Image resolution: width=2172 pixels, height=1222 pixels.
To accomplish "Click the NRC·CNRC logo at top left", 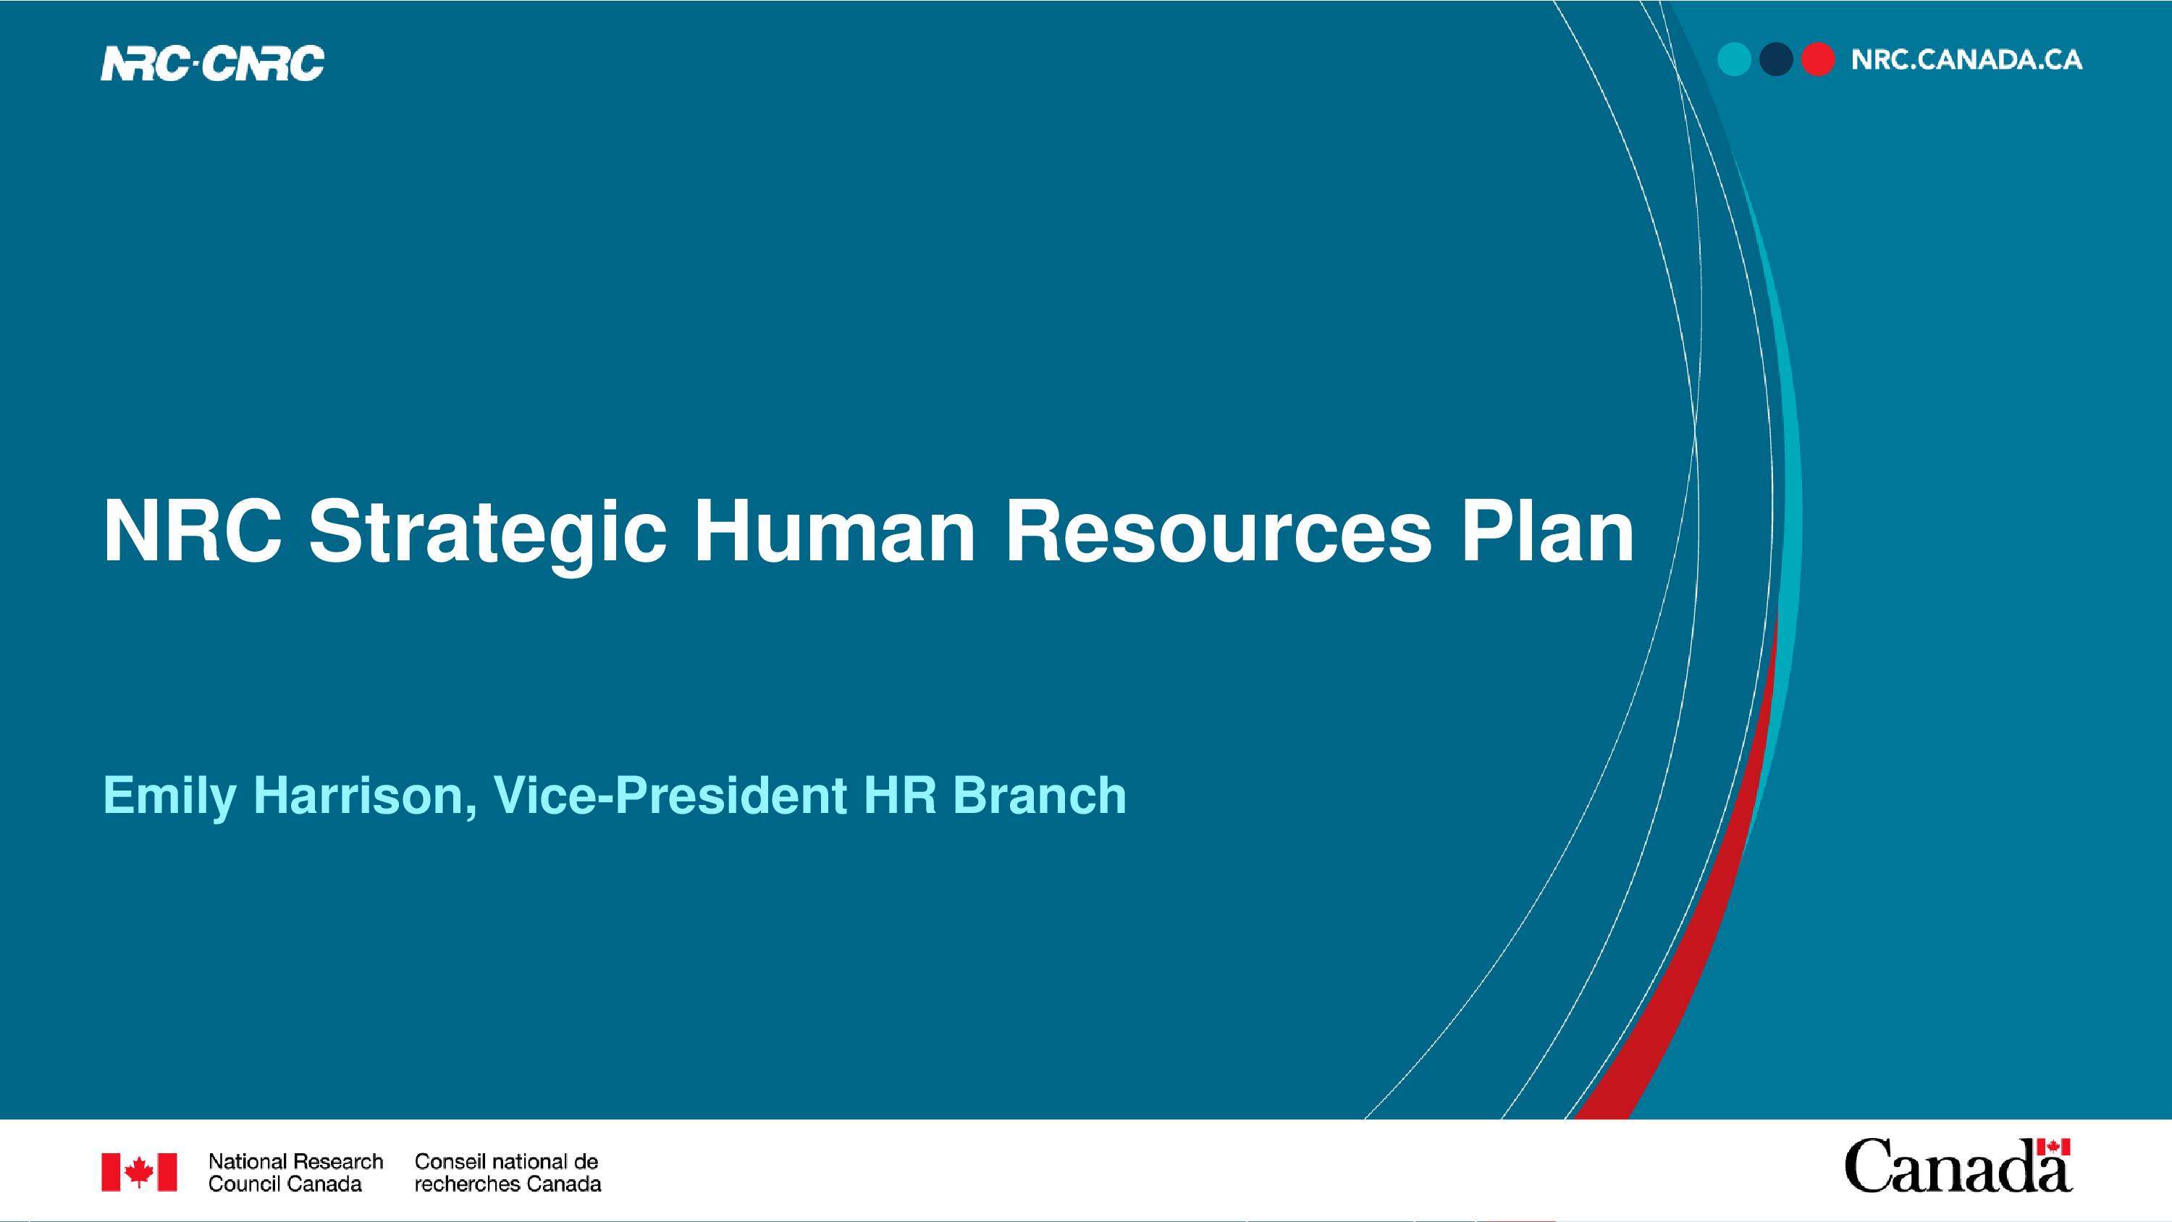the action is [x=212, y=63].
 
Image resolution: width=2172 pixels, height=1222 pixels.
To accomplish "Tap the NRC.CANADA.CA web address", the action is [x=1966, y=60].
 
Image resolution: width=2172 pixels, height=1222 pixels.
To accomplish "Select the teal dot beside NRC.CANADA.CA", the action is [x=1735, y=60].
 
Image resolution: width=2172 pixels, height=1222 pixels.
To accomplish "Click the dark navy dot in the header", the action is [x=1776, y=60].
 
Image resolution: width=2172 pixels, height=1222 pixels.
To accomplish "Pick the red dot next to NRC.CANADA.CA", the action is [x=1818, y=60].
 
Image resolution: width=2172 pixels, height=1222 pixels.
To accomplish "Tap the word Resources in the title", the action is [x=1218, y=532].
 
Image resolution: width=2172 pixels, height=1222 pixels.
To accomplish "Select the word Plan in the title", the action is [x=1548, y=531].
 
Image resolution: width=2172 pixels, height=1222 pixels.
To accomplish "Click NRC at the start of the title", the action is [x=193, y=531].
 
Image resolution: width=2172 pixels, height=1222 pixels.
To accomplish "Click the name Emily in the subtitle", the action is [x=169, y=796].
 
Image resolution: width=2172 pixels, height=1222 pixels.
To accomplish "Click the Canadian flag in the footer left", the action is [x=139, y=1172].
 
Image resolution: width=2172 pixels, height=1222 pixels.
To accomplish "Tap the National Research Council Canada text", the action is [x=295, y=1172].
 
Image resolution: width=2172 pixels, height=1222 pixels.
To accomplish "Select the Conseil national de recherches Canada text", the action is [x=508, y=1172].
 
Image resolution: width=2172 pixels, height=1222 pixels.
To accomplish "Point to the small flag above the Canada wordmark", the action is [x=2053, y=1147].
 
